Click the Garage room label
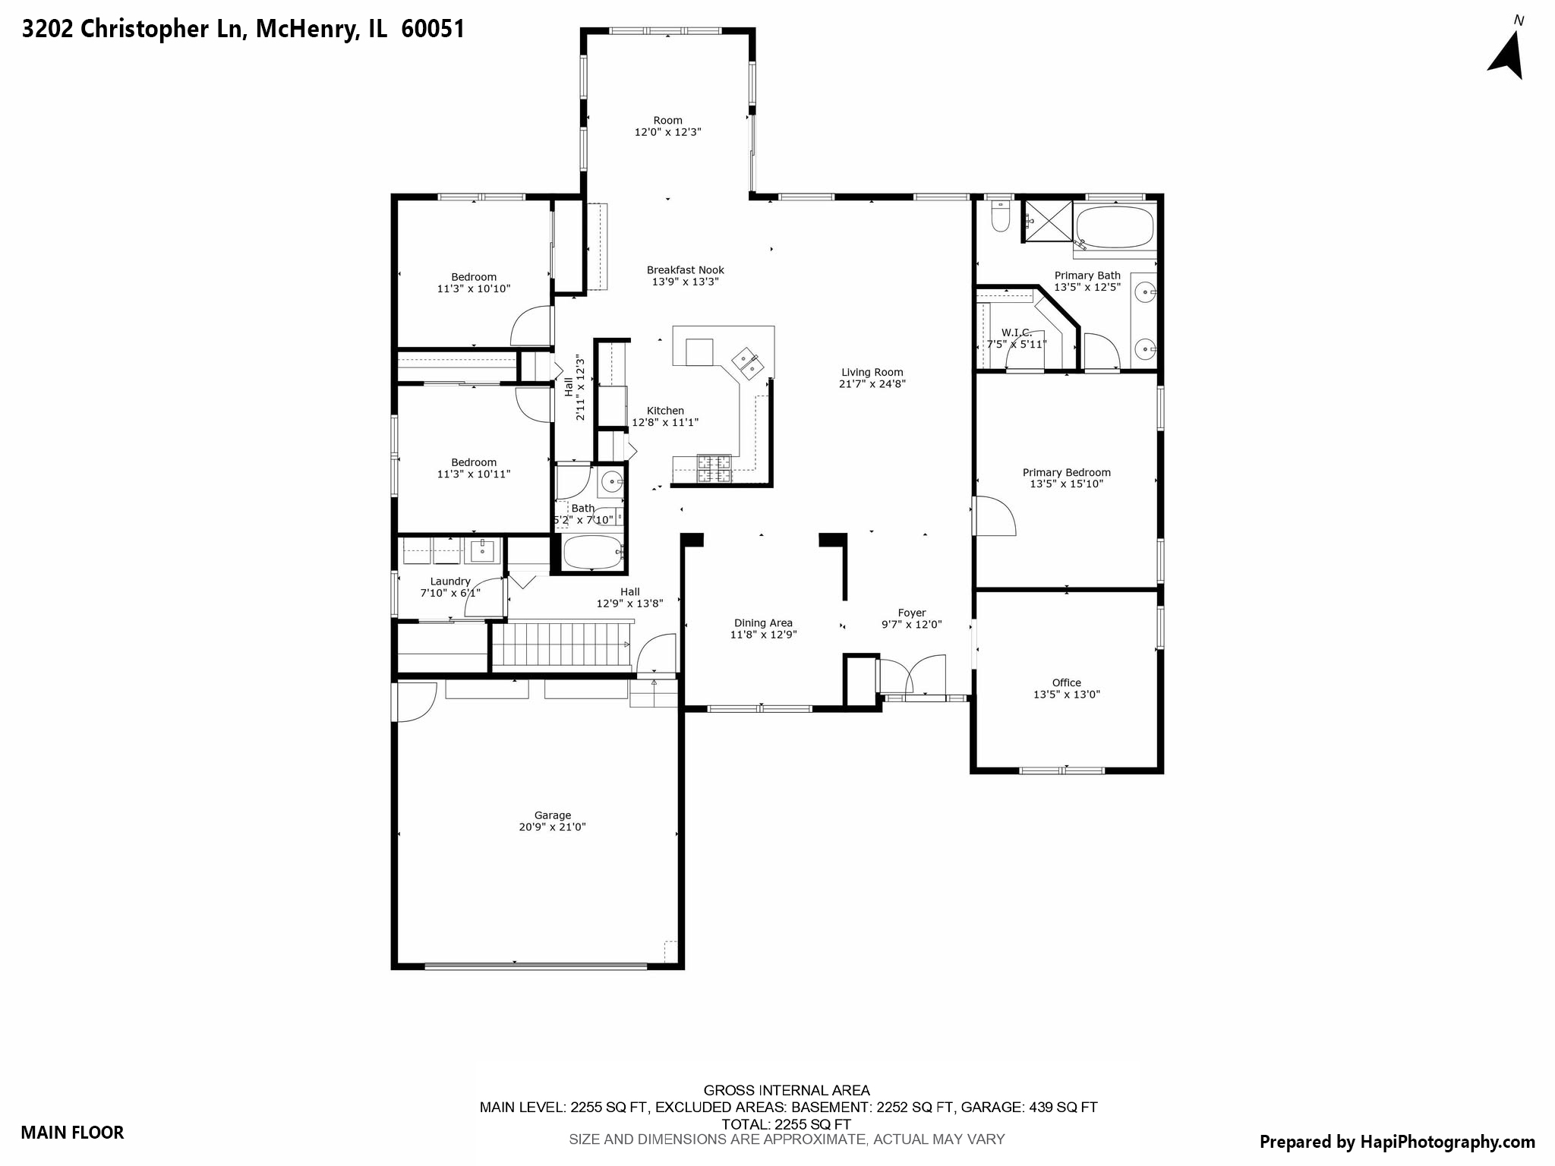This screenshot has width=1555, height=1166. [x=552, y=815]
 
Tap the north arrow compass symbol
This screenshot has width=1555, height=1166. [x=1506, y=55]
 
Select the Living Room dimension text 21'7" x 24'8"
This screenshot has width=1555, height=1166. [x=872, y=384]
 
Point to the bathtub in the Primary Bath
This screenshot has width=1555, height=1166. [x=1115, y=226]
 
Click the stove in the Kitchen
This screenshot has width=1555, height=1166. [x=714, y=468]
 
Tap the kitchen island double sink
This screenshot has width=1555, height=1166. [x=747, y=362]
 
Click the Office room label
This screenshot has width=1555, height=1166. [x=1066, y=682]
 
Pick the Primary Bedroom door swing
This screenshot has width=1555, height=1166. [x=995, y=517]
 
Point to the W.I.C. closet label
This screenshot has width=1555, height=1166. [x=1016, y=332]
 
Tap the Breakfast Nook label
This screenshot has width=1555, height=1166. [x=685, y=269]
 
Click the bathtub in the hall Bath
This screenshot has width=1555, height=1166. [x=592, y=553]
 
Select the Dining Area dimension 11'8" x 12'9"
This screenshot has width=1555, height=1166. [x=763, y=635]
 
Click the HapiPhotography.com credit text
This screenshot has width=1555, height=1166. [x=1397, y=1142]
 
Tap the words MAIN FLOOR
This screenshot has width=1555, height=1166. [x=72, y=1133]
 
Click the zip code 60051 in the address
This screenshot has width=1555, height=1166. [x=433, y=29]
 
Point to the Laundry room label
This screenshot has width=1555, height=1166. [x=450, y=581]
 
